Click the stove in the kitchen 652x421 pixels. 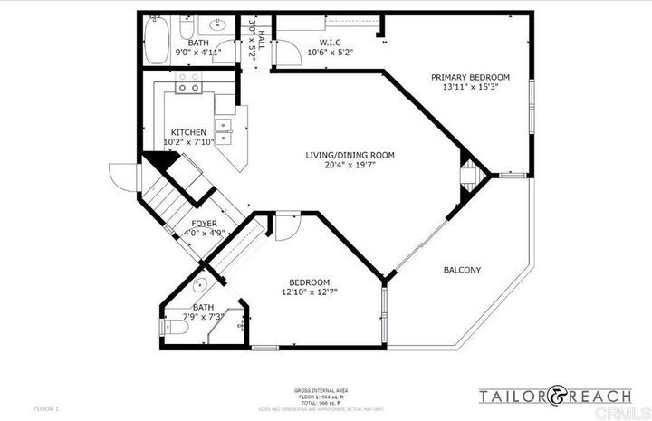point(188,84)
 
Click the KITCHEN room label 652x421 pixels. point(187,132)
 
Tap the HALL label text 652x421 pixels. point(262,40)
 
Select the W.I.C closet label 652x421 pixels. point(330,42)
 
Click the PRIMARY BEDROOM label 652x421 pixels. point(470,77)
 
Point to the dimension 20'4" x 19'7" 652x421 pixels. point(350,166)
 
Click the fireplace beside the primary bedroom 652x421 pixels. point(471,175)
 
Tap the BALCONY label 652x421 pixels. point(462,271)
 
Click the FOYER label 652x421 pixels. point(204,222)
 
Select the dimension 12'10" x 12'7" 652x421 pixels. point(310,292)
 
